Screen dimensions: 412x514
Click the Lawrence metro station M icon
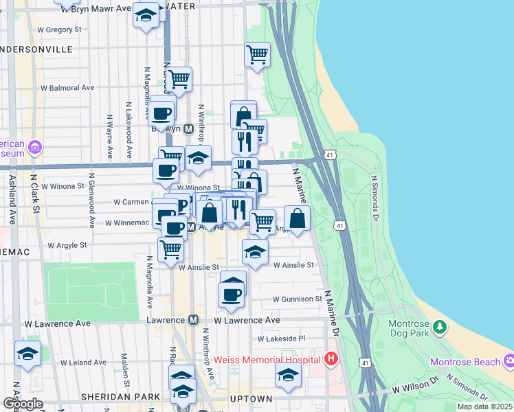[x=194, y=320]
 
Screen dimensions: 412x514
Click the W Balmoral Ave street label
[x=67, y=88]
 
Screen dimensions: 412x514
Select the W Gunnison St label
[x=297, y=299]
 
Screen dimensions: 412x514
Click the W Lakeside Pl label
[x=280, y=339]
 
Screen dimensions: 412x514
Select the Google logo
[x=23, y=404]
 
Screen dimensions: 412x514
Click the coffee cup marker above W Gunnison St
[x=231, y=295]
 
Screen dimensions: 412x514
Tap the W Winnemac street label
[x=126, y=222]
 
